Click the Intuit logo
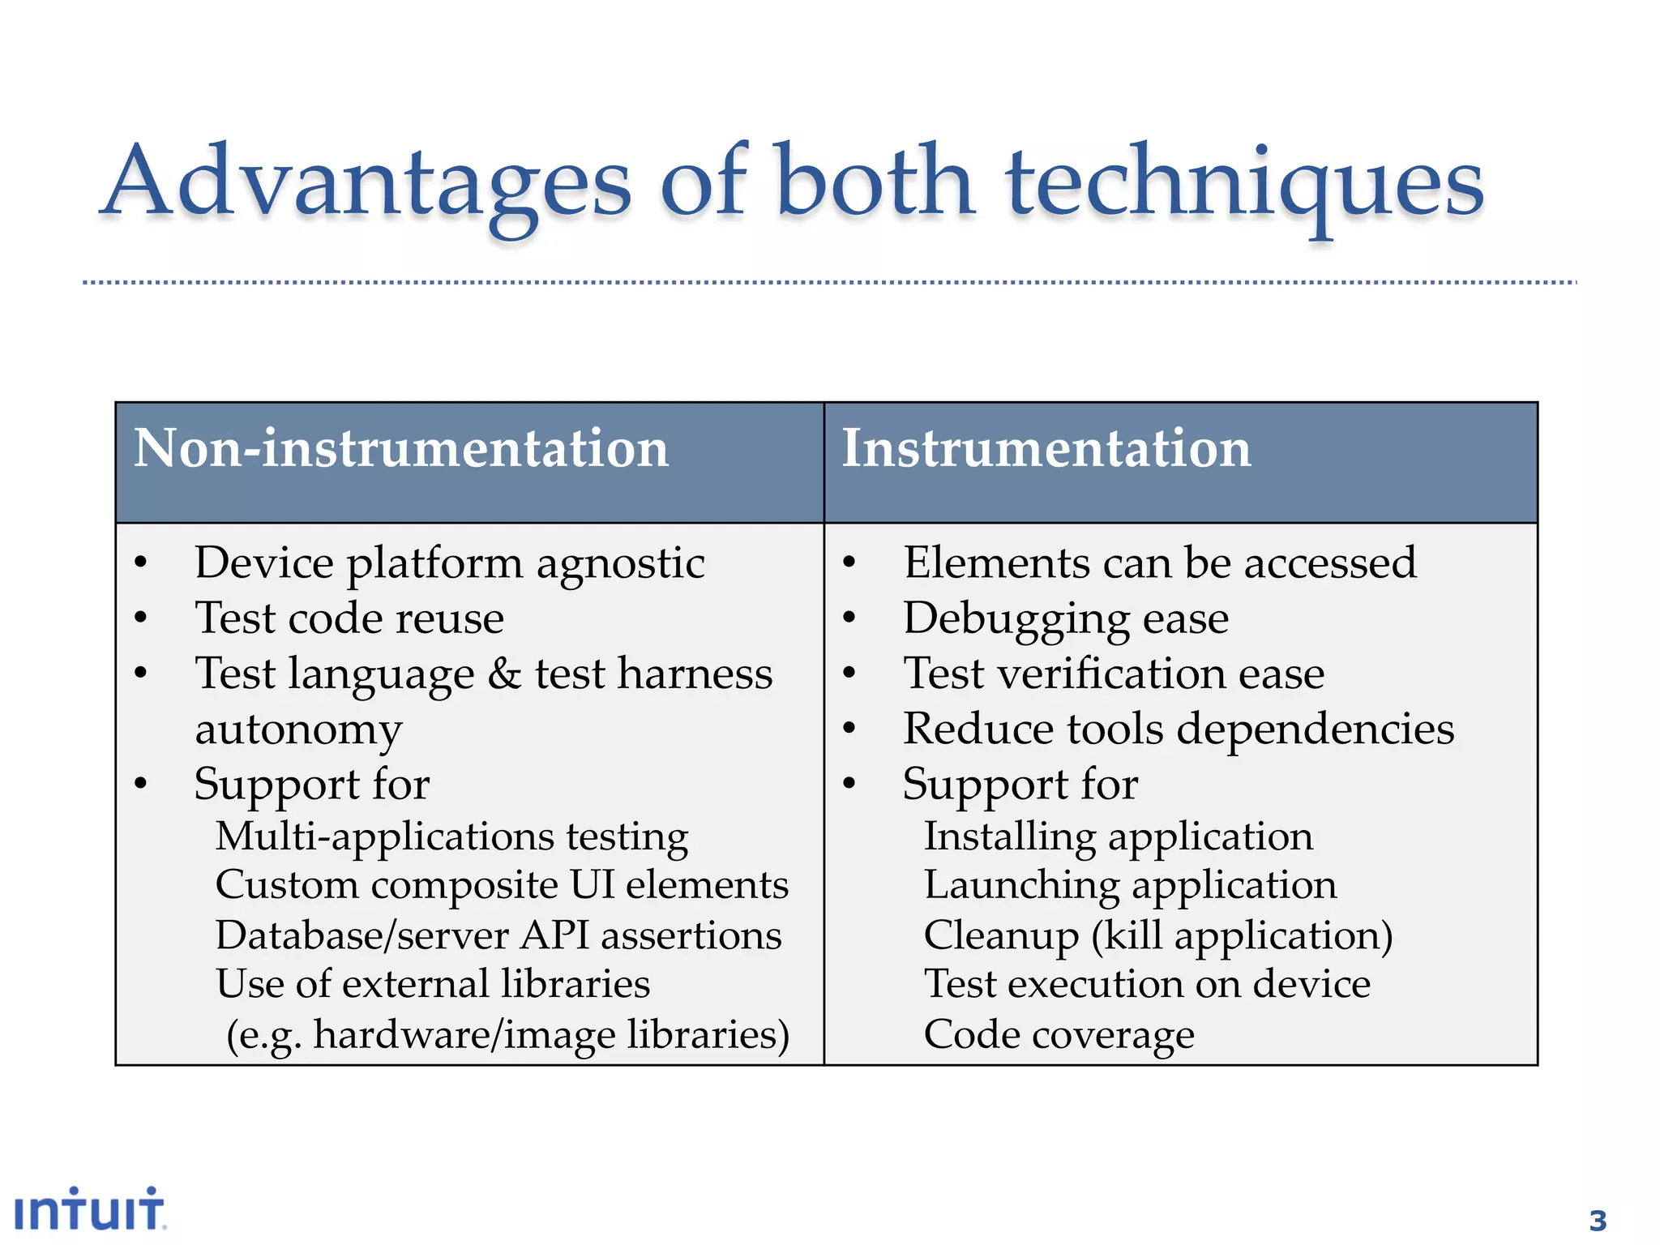pos(90,1210)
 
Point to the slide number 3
pos(1597,1220)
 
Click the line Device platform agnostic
pos(449,563)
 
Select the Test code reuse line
pos(349,618)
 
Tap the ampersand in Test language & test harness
pos(504,674)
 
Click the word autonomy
pos(298,729)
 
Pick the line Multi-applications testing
pos(451,836)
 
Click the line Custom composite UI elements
pos(502,884)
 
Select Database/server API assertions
pos(498,935)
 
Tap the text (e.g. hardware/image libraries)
pos(507,1035)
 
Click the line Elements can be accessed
pos(1160,563)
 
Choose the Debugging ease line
pos(1066,618)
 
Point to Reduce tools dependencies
pos(1179,729)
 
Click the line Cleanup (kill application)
pos(1158,935)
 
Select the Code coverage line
pos(1059,1035)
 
